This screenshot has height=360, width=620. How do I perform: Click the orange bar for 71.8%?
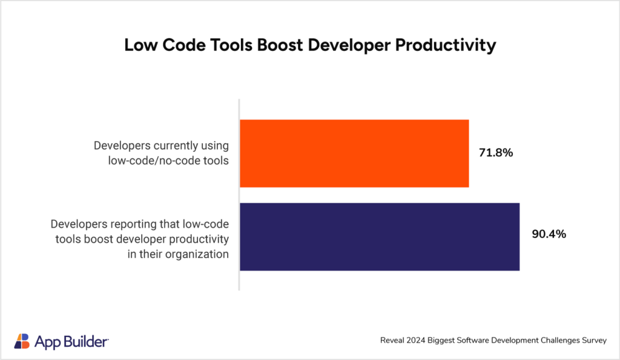point(354,153)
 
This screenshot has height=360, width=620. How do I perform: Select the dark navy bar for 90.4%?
point(380,237)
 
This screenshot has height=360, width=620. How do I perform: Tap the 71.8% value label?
point(496,153)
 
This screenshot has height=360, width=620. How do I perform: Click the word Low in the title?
point(139,45)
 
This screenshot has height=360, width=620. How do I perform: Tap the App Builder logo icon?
point(21,341)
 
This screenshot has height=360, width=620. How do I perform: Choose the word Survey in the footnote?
point(593,341)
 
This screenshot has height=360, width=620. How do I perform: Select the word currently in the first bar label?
point(174,146)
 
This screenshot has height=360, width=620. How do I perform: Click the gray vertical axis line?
point(239,194)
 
